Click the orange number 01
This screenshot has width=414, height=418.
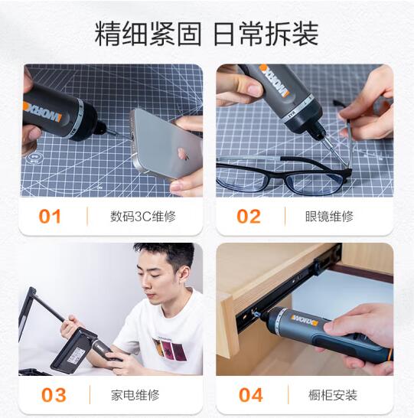tap(50, 216)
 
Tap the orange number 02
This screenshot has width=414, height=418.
tap(249, 216)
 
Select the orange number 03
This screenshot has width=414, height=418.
tap(54, 395)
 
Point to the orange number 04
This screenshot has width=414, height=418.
tap(251, 395)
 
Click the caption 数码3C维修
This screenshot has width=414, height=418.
tap(143, 217)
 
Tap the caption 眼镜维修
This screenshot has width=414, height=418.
tap(329, 217)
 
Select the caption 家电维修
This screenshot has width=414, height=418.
tap(135, 395)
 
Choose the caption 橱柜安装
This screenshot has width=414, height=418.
tap(333, 395)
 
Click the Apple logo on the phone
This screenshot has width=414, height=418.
tap(184, 154)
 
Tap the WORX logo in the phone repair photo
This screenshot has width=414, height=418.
tap(43, 113)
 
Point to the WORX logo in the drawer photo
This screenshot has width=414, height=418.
tap(305, 320)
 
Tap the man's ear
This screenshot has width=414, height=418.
tap(184, 276)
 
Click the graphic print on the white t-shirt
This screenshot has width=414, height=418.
tap(169, 348)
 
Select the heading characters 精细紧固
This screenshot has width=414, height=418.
tap(148, 34)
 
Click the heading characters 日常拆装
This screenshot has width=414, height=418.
tap(266, 34)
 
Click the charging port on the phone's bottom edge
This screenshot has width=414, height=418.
tap(132, 136)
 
